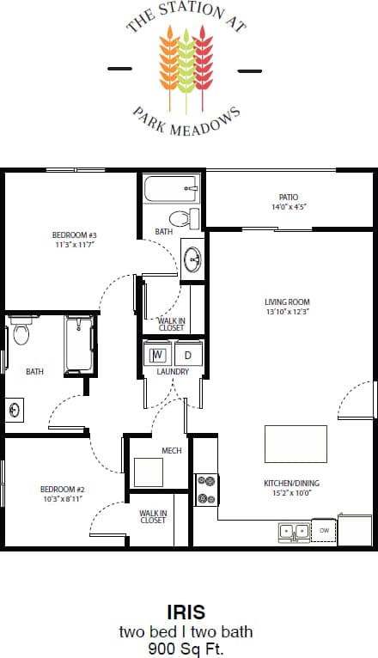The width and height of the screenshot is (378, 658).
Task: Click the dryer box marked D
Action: coord(188,354)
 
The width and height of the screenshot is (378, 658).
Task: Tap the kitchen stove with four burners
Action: coord(206,490)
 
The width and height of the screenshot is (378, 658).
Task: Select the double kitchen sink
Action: coord(293,531)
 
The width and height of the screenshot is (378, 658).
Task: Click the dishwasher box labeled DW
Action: coord(323,531)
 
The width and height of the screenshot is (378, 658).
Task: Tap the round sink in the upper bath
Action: coord(192,259)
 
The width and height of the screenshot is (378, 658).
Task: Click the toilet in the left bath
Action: coord(21,332)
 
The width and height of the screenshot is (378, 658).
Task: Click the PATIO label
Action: coord(288,197)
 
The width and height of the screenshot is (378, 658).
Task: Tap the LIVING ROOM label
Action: coord(287,302)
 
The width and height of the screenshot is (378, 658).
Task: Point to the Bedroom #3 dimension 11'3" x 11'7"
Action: coord(73,245)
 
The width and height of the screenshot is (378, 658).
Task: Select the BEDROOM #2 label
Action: coord(62,489)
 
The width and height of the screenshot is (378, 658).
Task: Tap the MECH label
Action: coord(172,450)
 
